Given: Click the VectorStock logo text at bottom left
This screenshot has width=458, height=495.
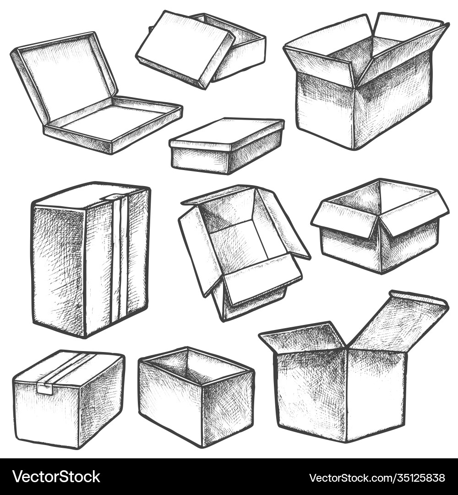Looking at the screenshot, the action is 56,477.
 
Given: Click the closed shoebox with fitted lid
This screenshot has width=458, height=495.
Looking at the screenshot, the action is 227,146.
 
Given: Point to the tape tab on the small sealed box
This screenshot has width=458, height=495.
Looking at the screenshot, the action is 44,389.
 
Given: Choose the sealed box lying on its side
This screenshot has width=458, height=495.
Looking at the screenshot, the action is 69,399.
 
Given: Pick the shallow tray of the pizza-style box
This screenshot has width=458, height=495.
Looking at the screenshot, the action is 113,124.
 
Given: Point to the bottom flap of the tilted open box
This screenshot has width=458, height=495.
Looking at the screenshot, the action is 262,278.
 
